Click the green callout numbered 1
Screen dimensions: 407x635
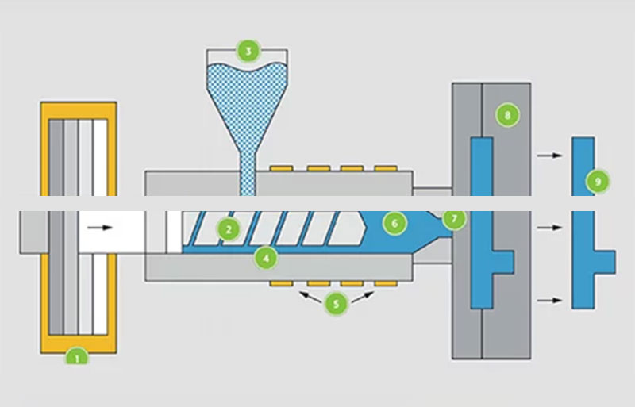pos(77,357)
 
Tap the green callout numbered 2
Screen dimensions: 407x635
pos(229,230)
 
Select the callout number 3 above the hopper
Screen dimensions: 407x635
pos(248,52)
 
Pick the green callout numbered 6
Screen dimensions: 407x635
pos(393,223)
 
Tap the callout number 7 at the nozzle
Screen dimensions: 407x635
pos(454,217)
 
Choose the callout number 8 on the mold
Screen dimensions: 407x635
pos(506,114)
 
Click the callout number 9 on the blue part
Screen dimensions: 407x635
pos(599,182)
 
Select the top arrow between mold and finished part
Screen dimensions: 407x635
pos(548,156)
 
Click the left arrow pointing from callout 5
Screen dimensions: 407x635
pos(310,296)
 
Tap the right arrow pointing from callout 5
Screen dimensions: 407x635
pos(362,296)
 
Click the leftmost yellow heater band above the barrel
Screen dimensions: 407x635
pos(282,168)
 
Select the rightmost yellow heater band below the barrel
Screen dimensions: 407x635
pos(385,282)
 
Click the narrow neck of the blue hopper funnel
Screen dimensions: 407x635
pos(247,171)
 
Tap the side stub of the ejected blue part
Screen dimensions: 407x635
pos(605,260)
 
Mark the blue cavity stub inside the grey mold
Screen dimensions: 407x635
pos(503,261)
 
